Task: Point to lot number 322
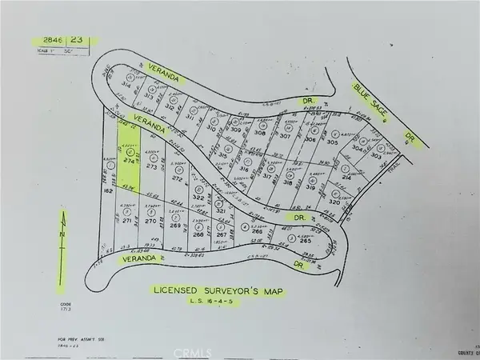(198, 195)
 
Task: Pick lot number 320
(337, 203)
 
